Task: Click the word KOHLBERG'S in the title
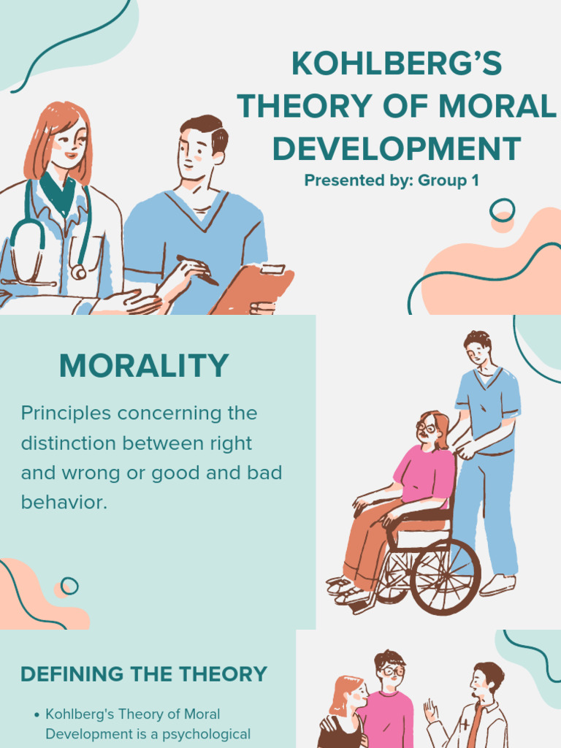[397, 64]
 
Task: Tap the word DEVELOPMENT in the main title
[397, 148]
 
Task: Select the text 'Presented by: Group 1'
[392, 180]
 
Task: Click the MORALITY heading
[144, 366]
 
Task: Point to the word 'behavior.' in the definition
[64, 503]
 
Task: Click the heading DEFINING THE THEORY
[144, 674]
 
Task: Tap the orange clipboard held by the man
[252, 289]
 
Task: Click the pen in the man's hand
[197, 270]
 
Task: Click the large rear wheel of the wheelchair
[445, 576]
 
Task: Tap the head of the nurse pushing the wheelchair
[478, 348]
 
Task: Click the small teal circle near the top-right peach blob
[502, 210]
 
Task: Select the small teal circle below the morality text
[69, 585]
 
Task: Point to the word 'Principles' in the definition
[66, 413]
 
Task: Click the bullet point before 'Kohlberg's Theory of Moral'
[37, 714]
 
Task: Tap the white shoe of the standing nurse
[498, 584]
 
